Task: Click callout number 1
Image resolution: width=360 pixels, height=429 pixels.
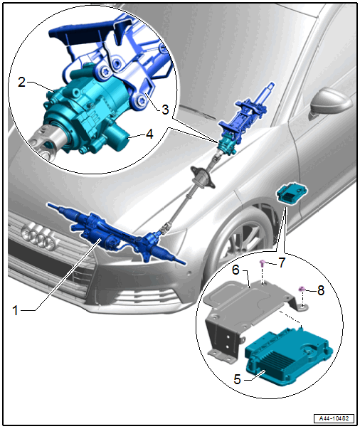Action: (x=16, y=310)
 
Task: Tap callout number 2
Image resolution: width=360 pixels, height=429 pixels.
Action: (x=22, y=82)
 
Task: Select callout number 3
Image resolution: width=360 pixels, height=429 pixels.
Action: (x=165, y=110)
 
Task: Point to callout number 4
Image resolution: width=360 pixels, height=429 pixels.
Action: (x=149, y=134)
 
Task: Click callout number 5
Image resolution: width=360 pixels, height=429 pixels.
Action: (x=238, y=379)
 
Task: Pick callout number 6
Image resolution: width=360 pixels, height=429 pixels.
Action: (x=235, y=270)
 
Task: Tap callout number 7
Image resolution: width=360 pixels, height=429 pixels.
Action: (x=282, y=263)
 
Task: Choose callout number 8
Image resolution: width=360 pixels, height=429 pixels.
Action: (x=321, y=290)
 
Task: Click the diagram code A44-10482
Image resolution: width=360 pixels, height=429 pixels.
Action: (x=334, y=418)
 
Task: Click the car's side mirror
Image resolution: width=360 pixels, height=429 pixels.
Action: (x=329, y=102)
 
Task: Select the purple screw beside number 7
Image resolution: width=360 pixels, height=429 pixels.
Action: (x=263, y=263)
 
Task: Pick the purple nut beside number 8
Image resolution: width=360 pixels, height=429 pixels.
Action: (x=302, y=288)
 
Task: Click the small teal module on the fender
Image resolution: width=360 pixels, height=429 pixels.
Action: (x=292, y=194)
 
